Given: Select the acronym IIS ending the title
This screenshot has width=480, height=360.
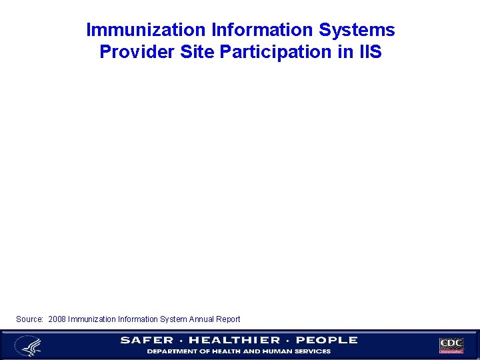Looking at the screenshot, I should point(369,51).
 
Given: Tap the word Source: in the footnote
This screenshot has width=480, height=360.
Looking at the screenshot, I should point(29,319).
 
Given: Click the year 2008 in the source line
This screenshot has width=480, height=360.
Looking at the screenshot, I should point(57,319).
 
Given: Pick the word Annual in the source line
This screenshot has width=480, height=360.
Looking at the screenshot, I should point(200,319).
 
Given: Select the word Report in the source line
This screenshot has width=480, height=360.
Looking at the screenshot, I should point(228,319).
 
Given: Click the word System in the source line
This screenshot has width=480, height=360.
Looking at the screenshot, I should point(171,319).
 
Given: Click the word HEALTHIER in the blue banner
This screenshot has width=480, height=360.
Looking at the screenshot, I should point(235,340).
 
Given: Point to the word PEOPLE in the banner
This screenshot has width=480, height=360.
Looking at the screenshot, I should point(327,340).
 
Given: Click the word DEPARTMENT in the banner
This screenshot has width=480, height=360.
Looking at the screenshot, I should point(172,351).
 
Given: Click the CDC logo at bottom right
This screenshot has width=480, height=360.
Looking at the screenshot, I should point(451,345).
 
